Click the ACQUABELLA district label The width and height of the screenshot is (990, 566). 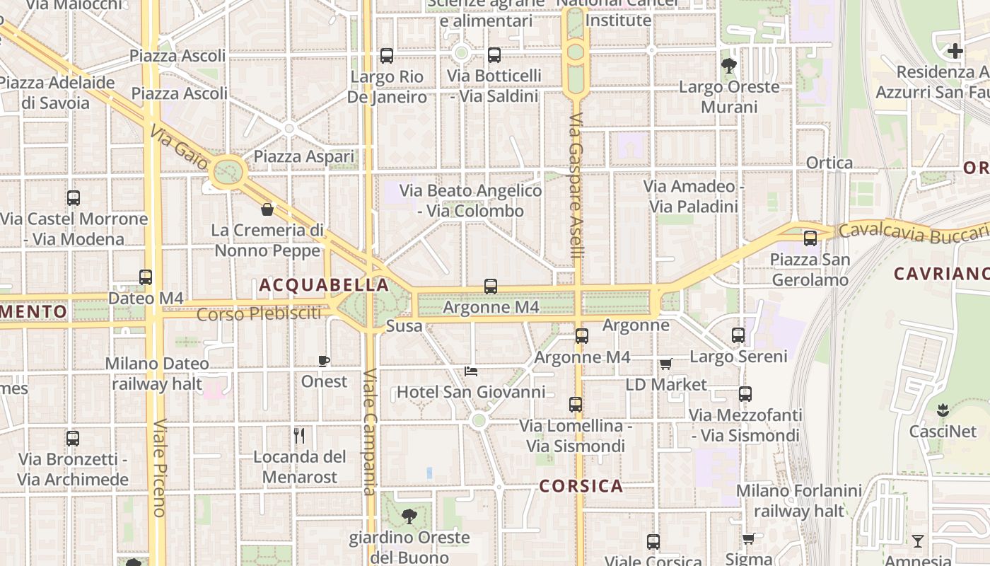point(324,285)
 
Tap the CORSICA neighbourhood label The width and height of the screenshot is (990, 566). point(581,486)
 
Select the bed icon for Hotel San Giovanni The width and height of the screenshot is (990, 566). point(471,371)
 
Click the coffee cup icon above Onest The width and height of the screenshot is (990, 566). point(324,362)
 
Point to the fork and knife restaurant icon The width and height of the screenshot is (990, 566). point(299,436)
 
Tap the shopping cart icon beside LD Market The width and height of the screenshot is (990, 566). point(665,364)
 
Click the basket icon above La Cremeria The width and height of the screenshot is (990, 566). point(267,209)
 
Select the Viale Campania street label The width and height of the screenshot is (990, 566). point(370,432)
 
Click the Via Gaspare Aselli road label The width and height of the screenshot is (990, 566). point(576,184)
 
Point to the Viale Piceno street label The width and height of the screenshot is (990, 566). point(158,467)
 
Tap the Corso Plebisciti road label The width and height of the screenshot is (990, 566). point(258,313)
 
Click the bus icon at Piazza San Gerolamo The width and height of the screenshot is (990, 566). point(810,238)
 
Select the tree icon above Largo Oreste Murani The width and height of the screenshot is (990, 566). point(728,67)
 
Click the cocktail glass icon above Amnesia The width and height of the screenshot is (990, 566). point(918,541)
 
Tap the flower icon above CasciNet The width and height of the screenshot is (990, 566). point(942,410)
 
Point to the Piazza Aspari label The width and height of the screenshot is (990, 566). point(304,156)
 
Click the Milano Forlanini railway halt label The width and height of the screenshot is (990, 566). point(799,500)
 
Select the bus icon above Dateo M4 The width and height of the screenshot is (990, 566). point(146,277)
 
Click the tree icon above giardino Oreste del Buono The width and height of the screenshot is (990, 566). point(409,516)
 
